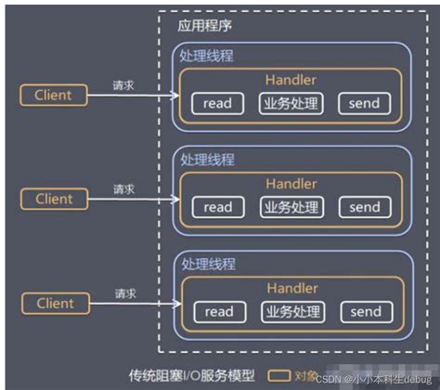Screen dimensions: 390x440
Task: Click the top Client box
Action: click(x=53, y=95)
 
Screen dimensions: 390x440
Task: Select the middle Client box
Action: click(x=53, y=199)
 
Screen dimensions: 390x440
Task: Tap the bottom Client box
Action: click(x=53, y=304)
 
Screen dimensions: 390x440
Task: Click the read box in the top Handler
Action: click(x=217, y=103)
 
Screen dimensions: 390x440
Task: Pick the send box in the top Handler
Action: click(x=365, y=103)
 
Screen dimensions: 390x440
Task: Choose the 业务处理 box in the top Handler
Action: click(x=291, y=103)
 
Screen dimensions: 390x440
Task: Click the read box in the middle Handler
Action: click(x=217, y=207)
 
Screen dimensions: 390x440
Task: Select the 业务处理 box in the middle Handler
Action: click(x=291, y=207)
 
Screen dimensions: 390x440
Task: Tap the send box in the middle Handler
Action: click(x=365, y=207)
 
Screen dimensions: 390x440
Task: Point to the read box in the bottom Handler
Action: click(x=217, y=312)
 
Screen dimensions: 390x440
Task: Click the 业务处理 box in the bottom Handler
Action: click(x=291, y=312)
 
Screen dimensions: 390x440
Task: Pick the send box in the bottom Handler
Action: click(x=365, y=312)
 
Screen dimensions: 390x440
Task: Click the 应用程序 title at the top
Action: click(x=201, y=26)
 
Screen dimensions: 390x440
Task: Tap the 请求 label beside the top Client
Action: click(x=123, y=84)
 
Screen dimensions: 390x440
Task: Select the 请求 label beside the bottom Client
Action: click(x=123, y=293)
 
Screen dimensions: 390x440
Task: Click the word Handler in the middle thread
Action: click(x=291, y=185)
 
